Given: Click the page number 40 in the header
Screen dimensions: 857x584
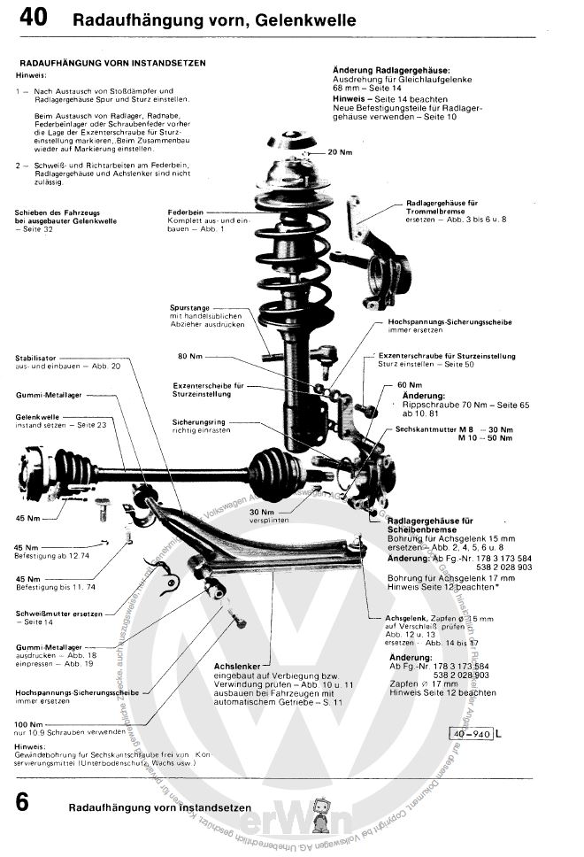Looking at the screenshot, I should coord(33,18).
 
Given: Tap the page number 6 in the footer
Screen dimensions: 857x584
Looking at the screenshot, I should coord(23,802).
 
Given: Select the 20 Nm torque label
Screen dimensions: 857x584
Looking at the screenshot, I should coord(340,152).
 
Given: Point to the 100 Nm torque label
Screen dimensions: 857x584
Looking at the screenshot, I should coord(29,725).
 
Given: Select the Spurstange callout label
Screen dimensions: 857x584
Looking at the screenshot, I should coord(189,307).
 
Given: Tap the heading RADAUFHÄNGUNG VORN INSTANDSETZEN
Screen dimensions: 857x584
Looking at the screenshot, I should coord(112,64).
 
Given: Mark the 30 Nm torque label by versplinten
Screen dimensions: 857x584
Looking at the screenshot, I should coord(262,511).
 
